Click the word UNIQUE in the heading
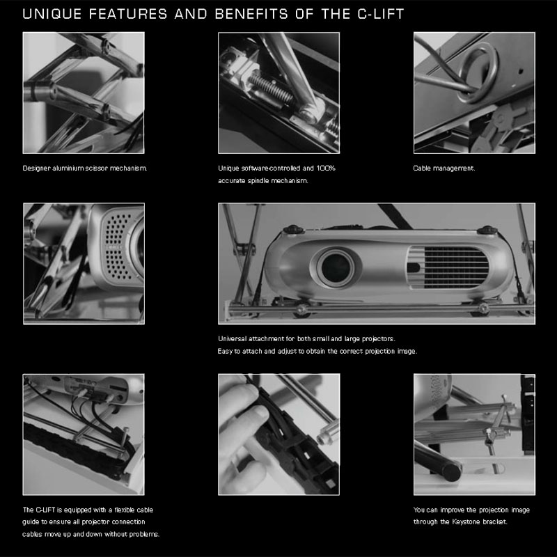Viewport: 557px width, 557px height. pos(52,14)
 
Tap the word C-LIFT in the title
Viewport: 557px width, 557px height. pos(381,14)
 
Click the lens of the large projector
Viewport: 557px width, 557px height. pos(336,267)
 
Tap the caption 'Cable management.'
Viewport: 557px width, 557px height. pos(444,168)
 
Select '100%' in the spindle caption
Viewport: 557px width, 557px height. pos(326,168)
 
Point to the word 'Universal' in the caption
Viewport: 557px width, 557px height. pos(233,338)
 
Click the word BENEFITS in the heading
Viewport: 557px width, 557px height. pos(251,14)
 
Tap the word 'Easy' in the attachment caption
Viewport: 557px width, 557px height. pos(225,351)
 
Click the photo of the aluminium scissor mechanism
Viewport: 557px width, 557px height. pos(84,93)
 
